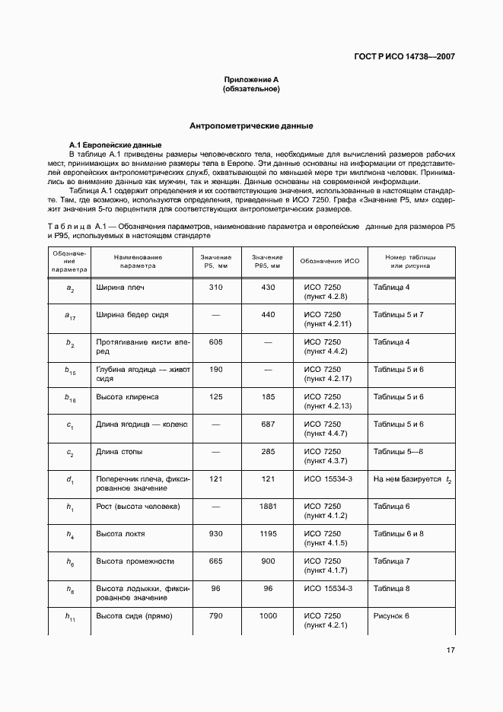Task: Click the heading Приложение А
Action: pyautogui.click(x=251, y=80)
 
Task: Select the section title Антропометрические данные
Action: pyautogui.click(x=251, y=126)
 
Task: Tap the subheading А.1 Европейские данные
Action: pyautogui.click(x=114, y=145)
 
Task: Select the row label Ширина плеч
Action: pyautogui.click(x=119, y=288)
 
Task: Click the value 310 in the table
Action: pyautogui.click(x=215, y=288)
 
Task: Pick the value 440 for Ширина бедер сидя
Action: pyautogui.click(x=268, y=315)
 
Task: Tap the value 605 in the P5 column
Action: pyautogui.click(x=215, y=342)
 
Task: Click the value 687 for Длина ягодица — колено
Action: pyautogui.click(x=268, y=424)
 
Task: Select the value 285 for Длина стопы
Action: pyautogui.click(x=268, y=452)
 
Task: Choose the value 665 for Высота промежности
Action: pyautogui.click(x=215, y=561)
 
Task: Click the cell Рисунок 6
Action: pyautogui.click(x=392, y=616)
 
